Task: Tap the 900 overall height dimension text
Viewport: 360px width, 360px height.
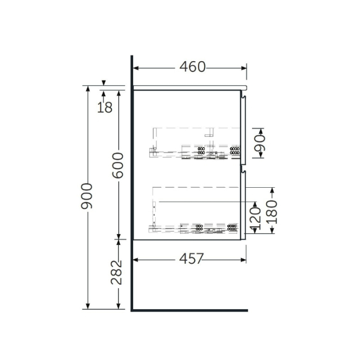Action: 87,196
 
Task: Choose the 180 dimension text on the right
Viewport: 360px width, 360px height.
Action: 272,211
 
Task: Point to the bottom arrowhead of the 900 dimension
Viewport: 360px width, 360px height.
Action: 87,307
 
